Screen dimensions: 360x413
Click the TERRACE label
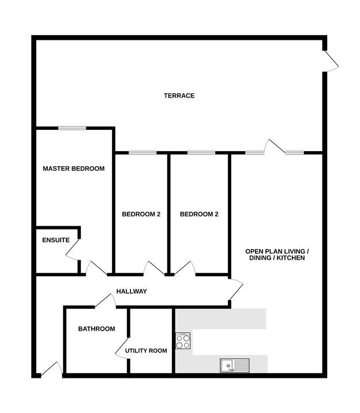coord(179,96)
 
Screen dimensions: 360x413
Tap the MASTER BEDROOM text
coord(74,168)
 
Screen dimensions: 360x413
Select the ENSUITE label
coord(56,240)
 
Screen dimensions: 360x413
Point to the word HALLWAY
coord(132,291)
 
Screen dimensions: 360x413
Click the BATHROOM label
coord(97,329)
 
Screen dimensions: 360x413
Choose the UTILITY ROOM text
coord(146,351)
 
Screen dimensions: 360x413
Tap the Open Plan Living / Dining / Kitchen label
coord(277,255)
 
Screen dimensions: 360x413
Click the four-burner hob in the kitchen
coord(183,341)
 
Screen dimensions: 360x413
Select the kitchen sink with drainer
coord(235,365)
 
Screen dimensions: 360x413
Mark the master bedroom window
coord(72,128)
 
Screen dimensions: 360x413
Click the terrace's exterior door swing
coord(331,61)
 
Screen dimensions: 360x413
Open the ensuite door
coord(73,249)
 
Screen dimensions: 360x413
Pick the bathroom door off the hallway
coord(106,301)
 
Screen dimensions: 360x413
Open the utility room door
coord(122,348)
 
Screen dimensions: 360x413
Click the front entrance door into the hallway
coord(51,369)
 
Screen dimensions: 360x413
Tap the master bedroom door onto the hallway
coord(96,268)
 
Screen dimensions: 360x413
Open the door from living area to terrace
coord(275,146)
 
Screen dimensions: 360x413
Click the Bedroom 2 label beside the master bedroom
coord(141,215)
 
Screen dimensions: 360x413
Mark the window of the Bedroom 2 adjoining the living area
coord(201,153)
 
